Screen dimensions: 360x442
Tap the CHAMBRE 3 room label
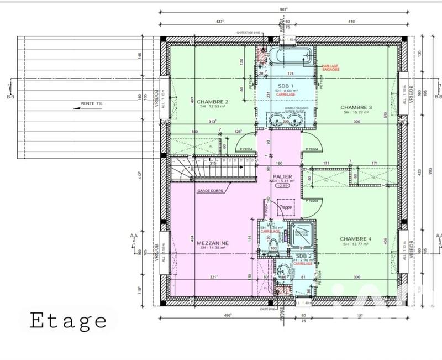point(356,107)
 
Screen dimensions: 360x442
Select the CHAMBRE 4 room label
point(356,239)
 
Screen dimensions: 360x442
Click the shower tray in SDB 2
point(302,235)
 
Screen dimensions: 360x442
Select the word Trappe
point(285,207)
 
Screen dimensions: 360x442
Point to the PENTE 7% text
point(91,103)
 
